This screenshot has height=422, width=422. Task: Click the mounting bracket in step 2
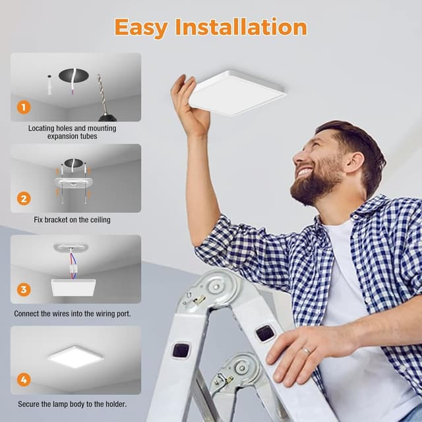pyautogui.click(x=74, y=182)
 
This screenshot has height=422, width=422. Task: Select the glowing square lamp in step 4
pyautogui.click(x=75, y=357)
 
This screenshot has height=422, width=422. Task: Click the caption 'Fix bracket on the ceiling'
pyautogui.click(x=72, y=220)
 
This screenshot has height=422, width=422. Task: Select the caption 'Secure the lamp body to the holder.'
pyautogui.click(x=71, y=404)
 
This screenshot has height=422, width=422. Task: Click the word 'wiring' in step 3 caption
pyautogui.click(x=96, y=313)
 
